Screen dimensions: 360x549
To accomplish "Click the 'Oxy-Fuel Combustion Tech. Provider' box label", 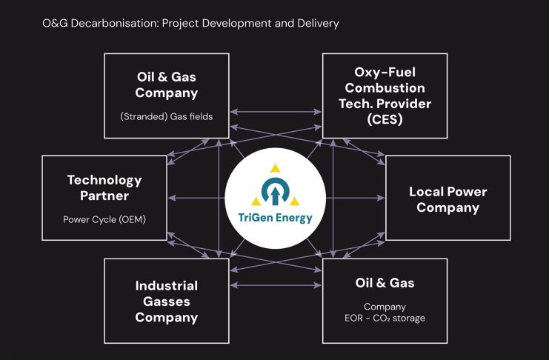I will point(384,89).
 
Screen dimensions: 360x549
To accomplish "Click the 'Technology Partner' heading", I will point(104,187).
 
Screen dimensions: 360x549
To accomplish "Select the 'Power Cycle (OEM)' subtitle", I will point(104,219).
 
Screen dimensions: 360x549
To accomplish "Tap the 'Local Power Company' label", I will point(447,199).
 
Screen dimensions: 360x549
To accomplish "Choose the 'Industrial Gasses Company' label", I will point(167,301).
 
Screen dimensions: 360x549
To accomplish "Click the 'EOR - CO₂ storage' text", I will point(384,319).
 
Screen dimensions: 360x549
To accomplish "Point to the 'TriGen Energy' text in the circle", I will point(276,219).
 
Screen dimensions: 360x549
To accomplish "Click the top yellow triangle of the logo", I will point(275,168).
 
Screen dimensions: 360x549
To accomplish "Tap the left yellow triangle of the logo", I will point(256,200).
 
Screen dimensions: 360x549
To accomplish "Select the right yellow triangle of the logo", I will point(294,200).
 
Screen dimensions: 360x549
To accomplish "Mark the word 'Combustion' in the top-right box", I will point(384,89).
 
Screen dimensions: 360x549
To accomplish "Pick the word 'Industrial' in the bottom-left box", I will point(167,286).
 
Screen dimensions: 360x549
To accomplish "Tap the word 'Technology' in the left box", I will point(104,180).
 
